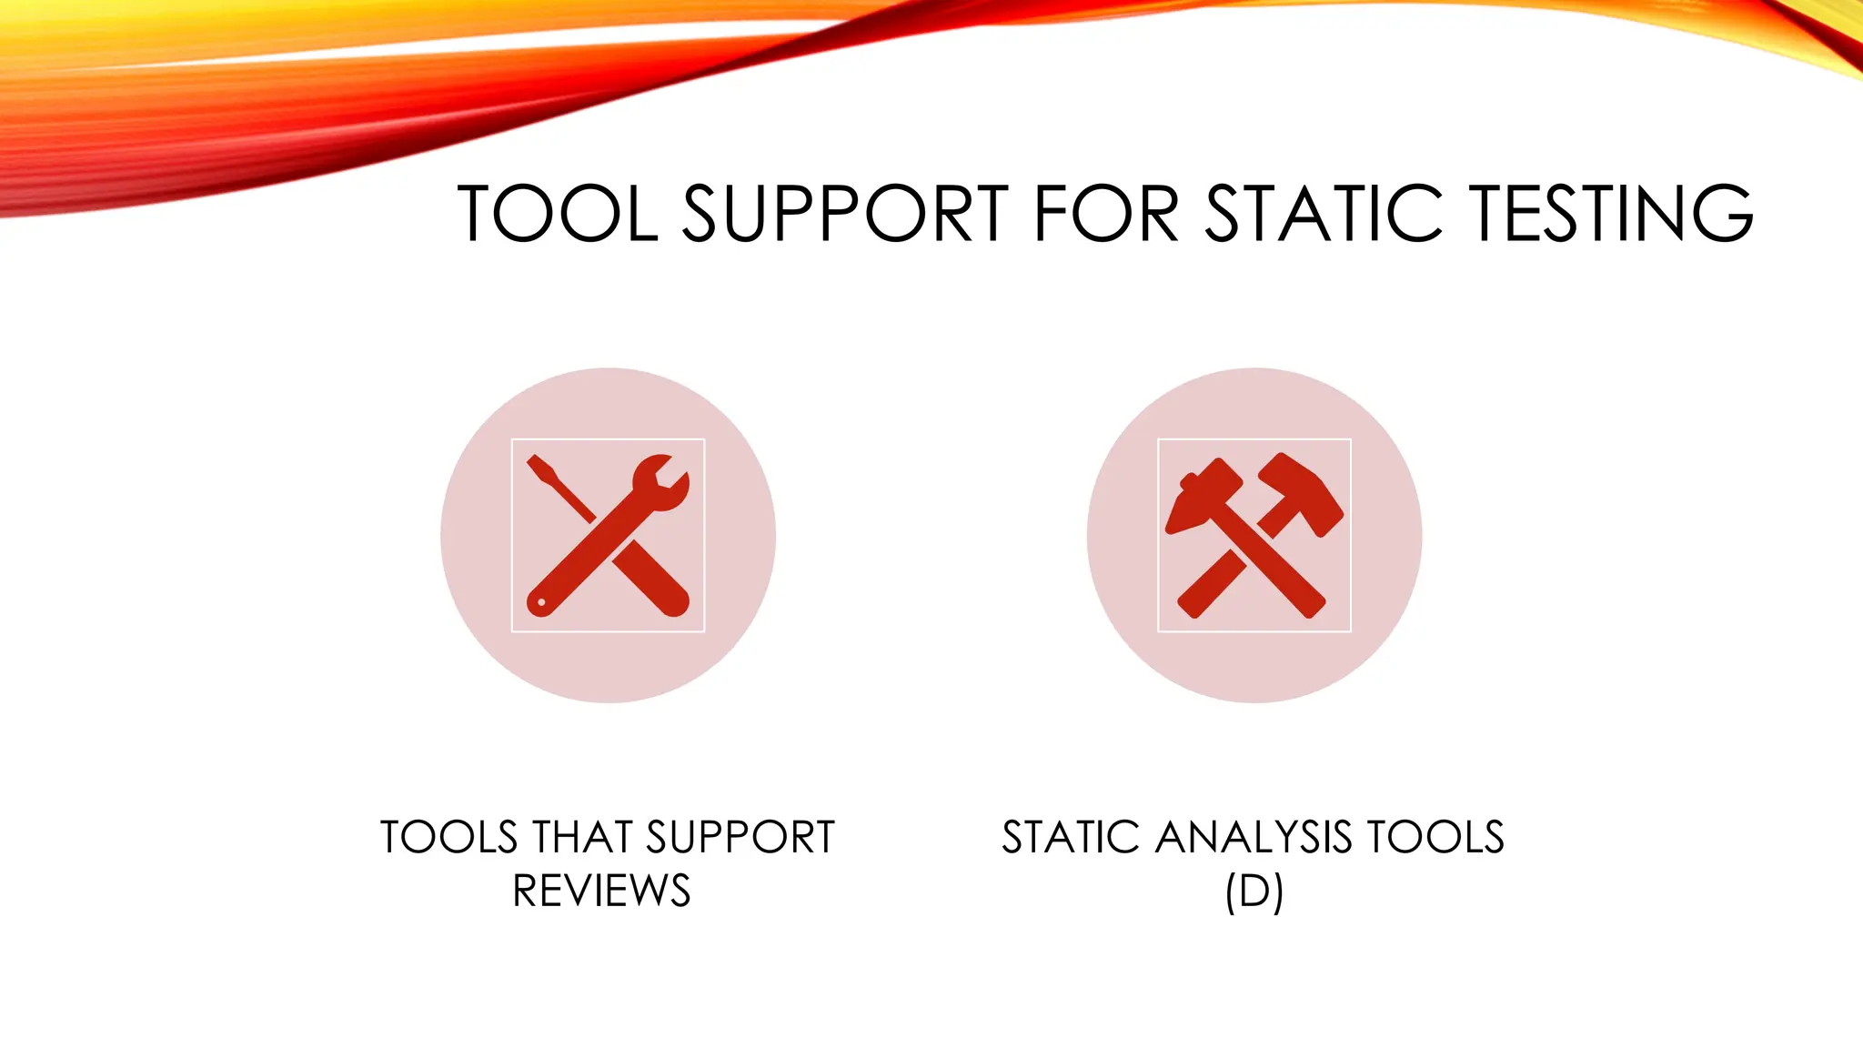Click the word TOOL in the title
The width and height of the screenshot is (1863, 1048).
[x=558, y=214]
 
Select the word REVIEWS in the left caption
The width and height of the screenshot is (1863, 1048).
[x=602, y=891]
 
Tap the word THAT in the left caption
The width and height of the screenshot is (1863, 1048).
[x=583, y=837]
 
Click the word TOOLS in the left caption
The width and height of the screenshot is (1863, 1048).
[x=448, y=837]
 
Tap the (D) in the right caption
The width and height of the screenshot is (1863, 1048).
[x=1254, y=892]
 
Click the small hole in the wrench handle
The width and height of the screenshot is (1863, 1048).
[x=542, y=602]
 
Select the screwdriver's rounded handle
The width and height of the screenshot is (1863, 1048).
[x=662, y=589]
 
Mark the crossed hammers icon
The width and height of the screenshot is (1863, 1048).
[x=1254, y=535]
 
